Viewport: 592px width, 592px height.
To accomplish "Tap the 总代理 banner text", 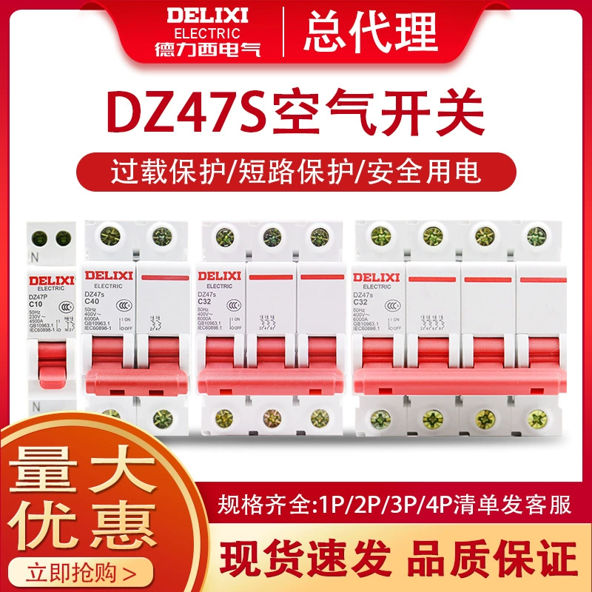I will pyautogui.click(x=371, y=30).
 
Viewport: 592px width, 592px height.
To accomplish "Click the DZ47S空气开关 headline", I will pyautogui.click(x=295, y=112).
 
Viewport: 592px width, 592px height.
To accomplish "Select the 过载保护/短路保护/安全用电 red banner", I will pyautogui.click(x=295, y=172).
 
